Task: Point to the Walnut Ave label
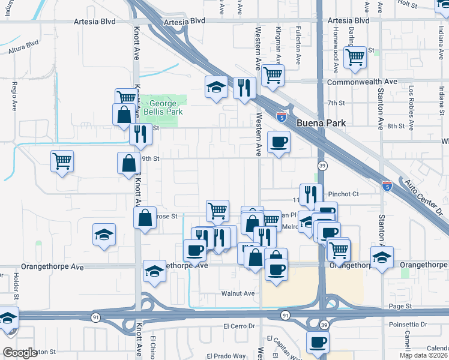(x=238, y=293)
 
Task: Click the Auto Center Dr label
(x=426, y=198)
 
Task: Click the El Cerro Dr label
(x=239, y=326)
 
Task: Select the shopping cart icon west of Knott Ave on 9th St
(x=62, y=161)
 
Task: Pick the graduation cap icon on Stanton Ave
(x=382, y=257)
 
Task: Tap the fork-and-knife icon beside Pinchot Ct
(x=311, y=194)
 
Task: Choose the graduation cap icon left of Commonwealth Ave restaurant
(x=216, y=87)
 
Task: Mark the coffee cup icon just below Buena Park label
(x=278, y=142)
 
